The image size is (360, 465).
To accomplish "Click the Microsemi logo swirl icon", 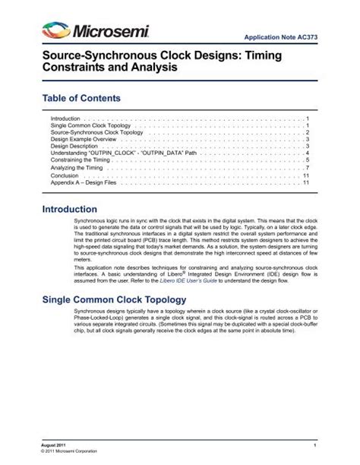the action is point(58,31).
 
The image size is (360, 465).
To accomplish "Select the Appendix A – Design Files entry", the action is point(87,182).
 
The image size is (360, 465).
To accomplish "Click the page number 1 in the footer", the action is point(313,442).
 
